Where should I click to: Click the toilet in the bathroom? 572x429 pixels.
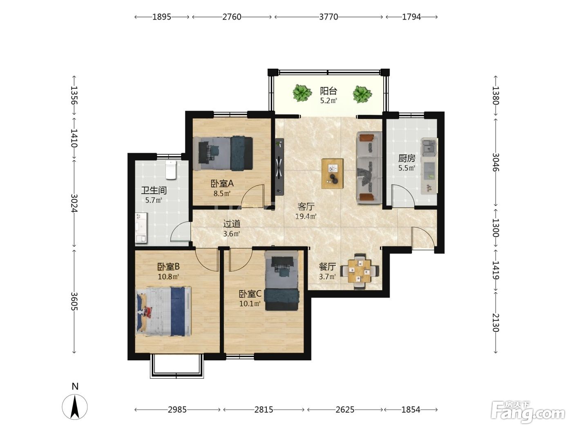pos(171,170)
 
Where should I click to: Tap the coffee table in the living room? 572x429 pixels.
pos(332,173)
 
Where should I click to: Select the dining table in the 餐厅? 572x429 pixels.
pos(360,271)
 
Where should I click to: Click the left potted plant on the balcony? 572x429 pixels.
pos(302,93)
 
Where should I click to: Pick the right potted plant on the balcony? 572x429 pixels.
pos(362,94)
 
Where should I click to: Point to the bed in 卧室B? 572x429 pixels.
pos(163,312)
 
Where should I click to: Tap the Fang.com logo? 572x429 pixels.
pos(527,411)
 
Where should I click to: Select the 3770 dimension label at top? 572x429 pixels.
pos(328,17)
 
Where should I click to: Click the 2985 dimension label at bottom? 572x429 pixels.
pos(177,410)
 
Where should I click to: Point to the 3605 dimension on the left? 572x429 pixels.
pos(74,302)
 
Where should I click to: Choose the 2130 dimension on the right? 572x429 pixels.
pos(496,322)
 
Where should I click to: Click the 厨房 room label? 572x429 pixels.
pos(407,158)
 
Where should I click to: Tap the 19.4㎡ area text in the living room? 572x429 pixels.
pos(306,216)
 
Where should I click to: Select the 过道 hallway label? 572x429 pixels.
pos(232,224)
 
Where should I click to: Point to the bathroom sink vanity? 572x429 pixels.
pos(141,228)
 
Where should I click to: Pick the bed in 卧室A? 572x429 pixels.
pos(223,154)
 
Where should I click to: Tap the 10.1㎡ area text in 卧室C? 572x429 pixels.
pos(250,304)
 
